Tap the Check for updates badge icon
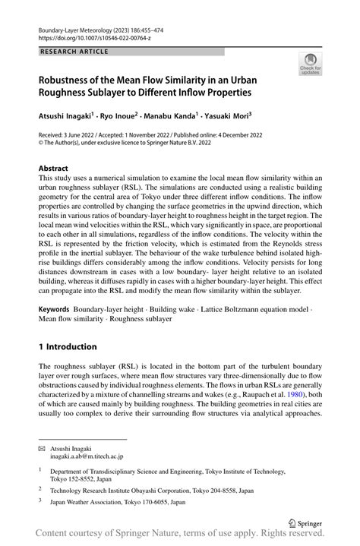(310, 68)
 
